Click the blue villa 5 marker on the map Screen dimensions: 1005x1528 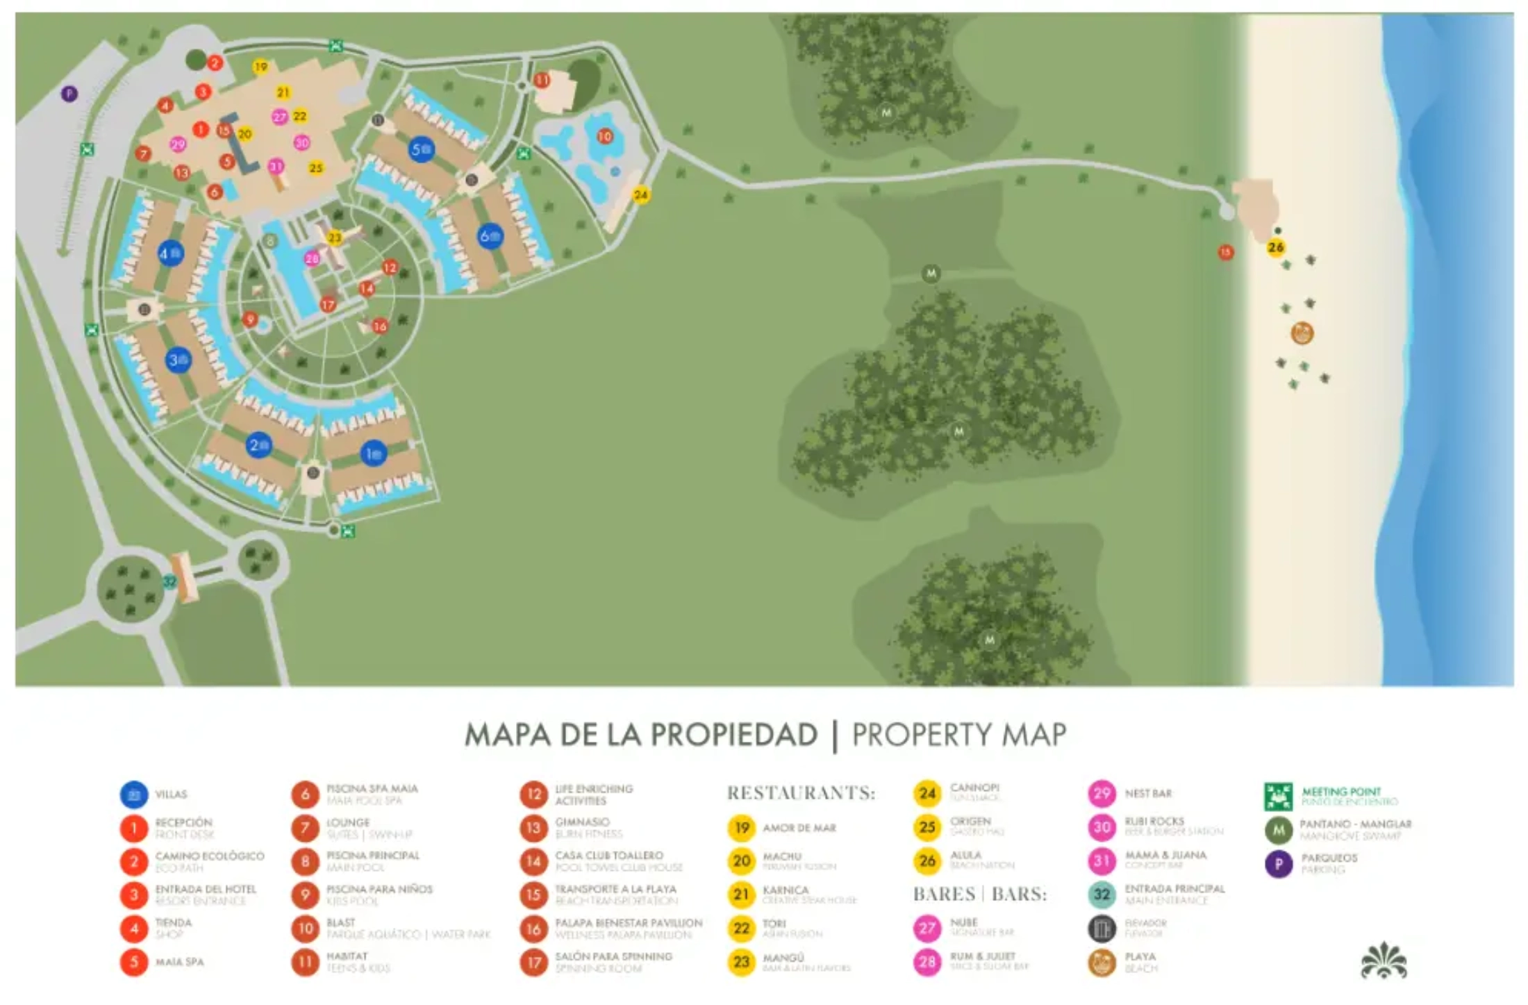(421, 149)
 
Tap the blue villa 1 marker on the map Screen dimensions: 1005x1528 (373, 454)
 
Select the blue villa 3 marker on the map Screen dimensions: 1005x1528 (178, 360)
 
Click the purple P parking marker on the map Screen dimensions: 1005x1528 (69, 93)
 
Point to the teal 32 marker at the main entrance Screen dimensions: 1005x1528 (169, 582)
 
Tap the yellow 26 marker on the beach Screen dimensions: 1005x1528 (1275, 247)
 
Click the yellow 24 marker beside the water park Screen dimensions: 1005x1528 (640, 195)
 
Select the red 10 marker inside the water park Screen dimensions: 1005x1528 (604, 136)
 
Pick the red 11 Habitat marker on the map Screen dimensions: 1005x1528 (542, 80)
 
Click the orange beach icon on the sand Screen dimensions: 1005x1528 (1302, 333)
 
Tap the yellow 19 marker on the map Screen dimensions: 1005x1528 (260, 67)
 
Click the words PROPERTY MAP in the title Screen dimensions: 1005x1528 (958, 735)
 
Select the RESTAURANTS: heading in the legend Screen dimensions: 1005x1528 (801, 792)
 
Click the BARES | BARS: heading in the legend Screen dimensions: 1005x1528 (979, 894)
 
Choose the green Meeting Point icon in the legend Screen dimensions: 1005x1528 (1278, 797)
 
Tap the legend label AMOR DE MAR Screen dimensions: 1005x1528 (799, 828)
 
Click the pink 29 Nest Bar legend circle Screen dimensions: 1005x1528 (1102, 793)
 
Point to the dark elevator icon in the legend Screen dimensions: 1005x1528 (1102, 929)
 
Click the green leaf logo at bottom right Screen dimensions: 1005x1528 (1383, 961)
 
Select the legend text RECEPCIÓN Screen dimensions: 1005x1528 (183, 822)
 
